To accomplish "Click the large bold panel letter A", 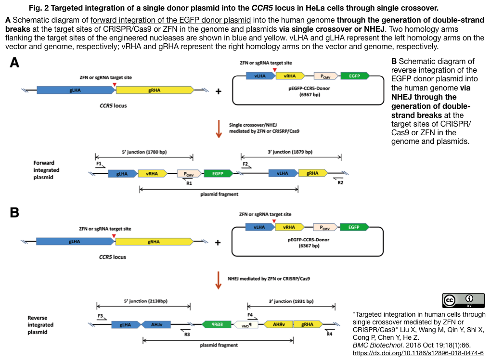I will pos(15,64).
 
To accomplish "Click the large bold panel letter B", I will pos(15,213).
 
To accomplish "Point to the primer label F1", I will pos(99,164).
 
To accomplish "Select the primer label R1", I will pos(189,183).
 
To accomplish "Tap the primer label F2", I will pos(245,164).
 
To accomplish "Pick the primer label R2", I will pos(340,183).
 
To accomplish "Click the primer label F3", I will pos(100,316).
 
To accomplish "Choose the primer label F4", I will pos(250,315).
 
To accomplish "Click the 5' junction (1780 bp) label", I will pos(144,152).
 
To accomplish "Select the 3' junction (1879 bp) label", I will pos(290,152).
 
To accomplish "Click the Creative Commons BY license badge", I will pos(463,300).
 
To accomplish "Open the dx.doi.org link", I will pos(418,352).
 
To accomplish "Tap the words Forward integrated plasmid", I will pos(47,170).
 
